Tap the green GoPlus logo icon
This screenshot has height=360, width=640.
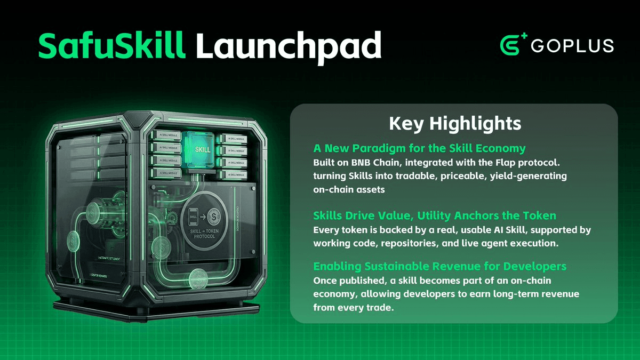click(x=514, y=45)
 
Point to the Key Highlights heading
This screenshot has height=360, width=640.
click(x=454, y=124)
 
